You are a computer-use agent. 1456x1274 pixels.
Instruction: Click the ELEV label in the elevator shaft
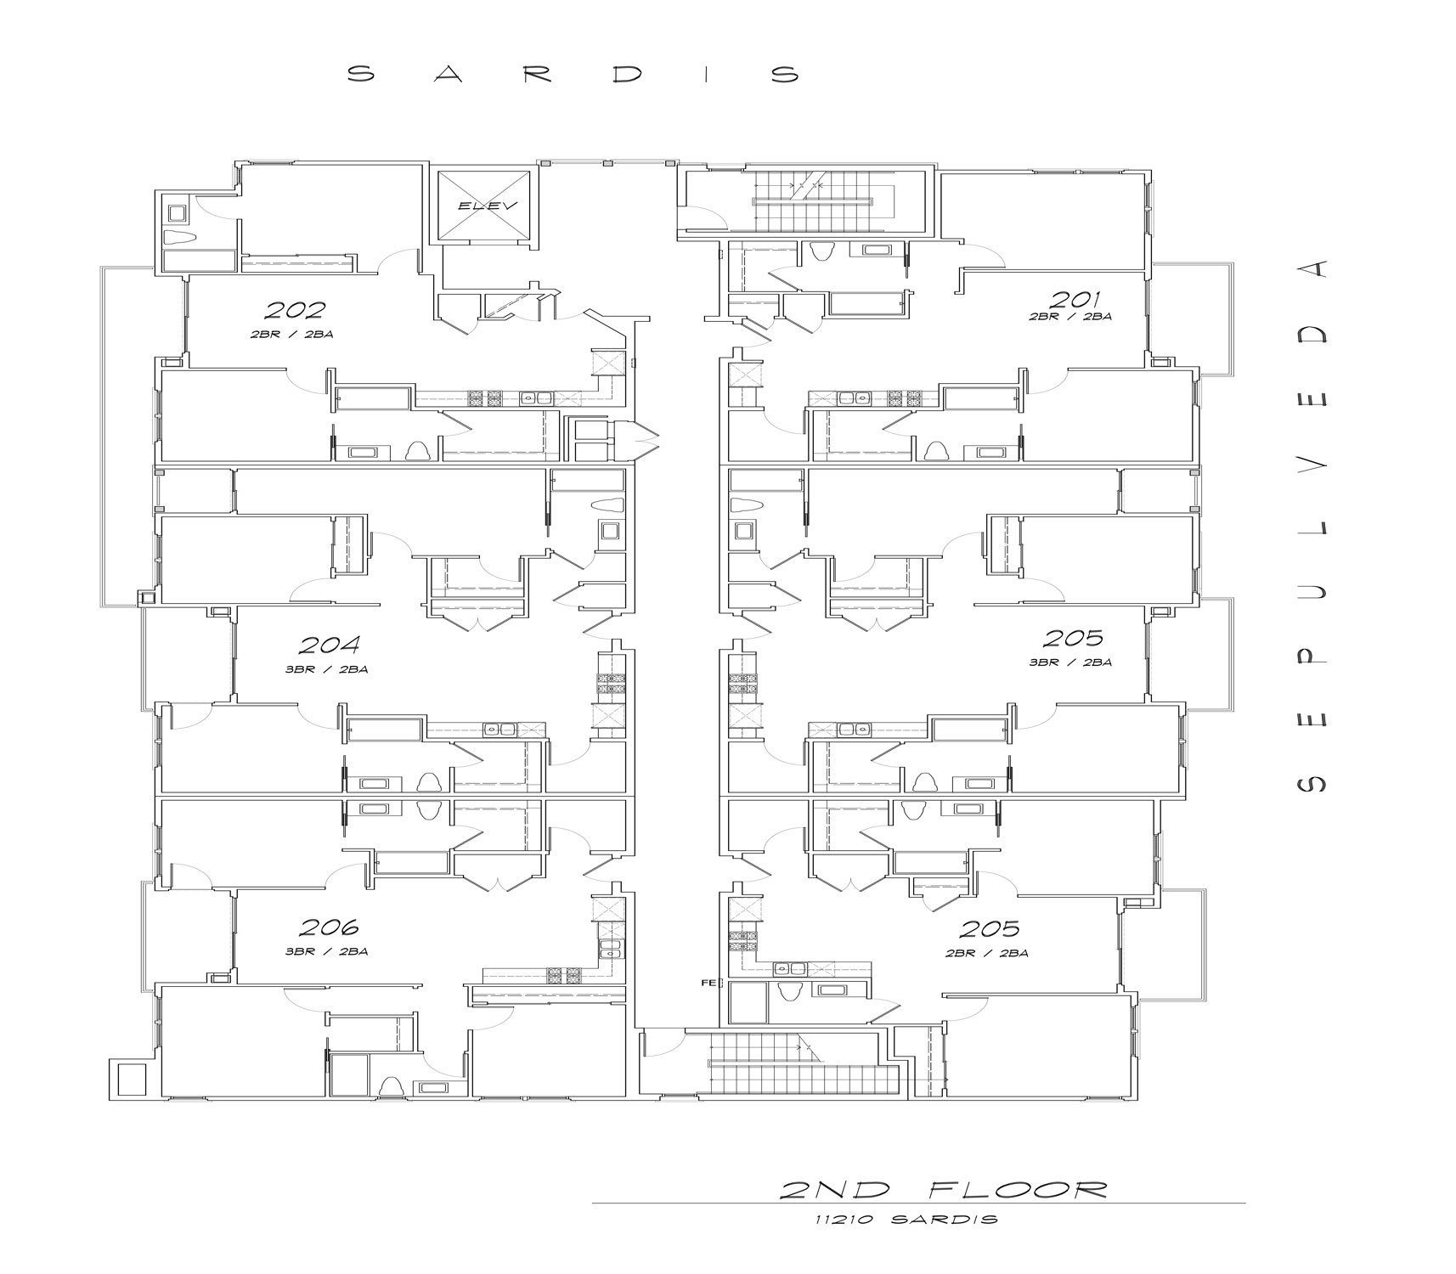coord(482,206)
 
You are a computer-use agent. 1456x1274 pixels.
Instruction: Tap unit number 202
coord(294,311)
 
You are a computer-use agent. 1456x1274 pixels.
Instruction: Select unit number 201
coord(1075,299)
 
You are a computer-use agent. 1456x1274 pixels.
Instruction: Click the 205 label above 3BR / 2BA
coord(1073,638)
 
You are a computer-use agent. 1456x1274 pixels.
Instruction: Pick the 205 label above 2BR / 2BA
coord(989,929)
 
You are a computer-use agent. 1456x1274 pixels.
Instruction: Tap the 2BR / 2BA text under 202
coord(291,335)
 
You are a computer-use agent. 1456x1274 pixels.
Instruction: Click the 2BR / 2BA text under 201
coord(1070,316)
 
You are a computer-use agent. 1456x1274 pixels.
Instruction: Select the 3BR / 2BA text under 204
coord(326,669)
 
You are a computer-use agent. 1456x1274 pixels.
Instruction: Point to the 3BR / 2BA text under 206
coord(326,952)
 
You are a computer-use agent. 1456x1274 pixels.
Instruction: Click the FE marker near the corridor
coord(706,984)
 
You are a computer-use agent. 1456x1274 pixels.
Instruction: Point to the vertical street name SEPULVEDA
coord(1310,526)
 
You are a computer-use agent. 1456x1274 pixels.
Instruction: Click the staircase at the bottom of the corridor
coord(796,1064)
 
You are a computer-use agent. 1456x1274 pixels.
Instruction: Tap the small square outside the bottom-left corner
coord(131,1080)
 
